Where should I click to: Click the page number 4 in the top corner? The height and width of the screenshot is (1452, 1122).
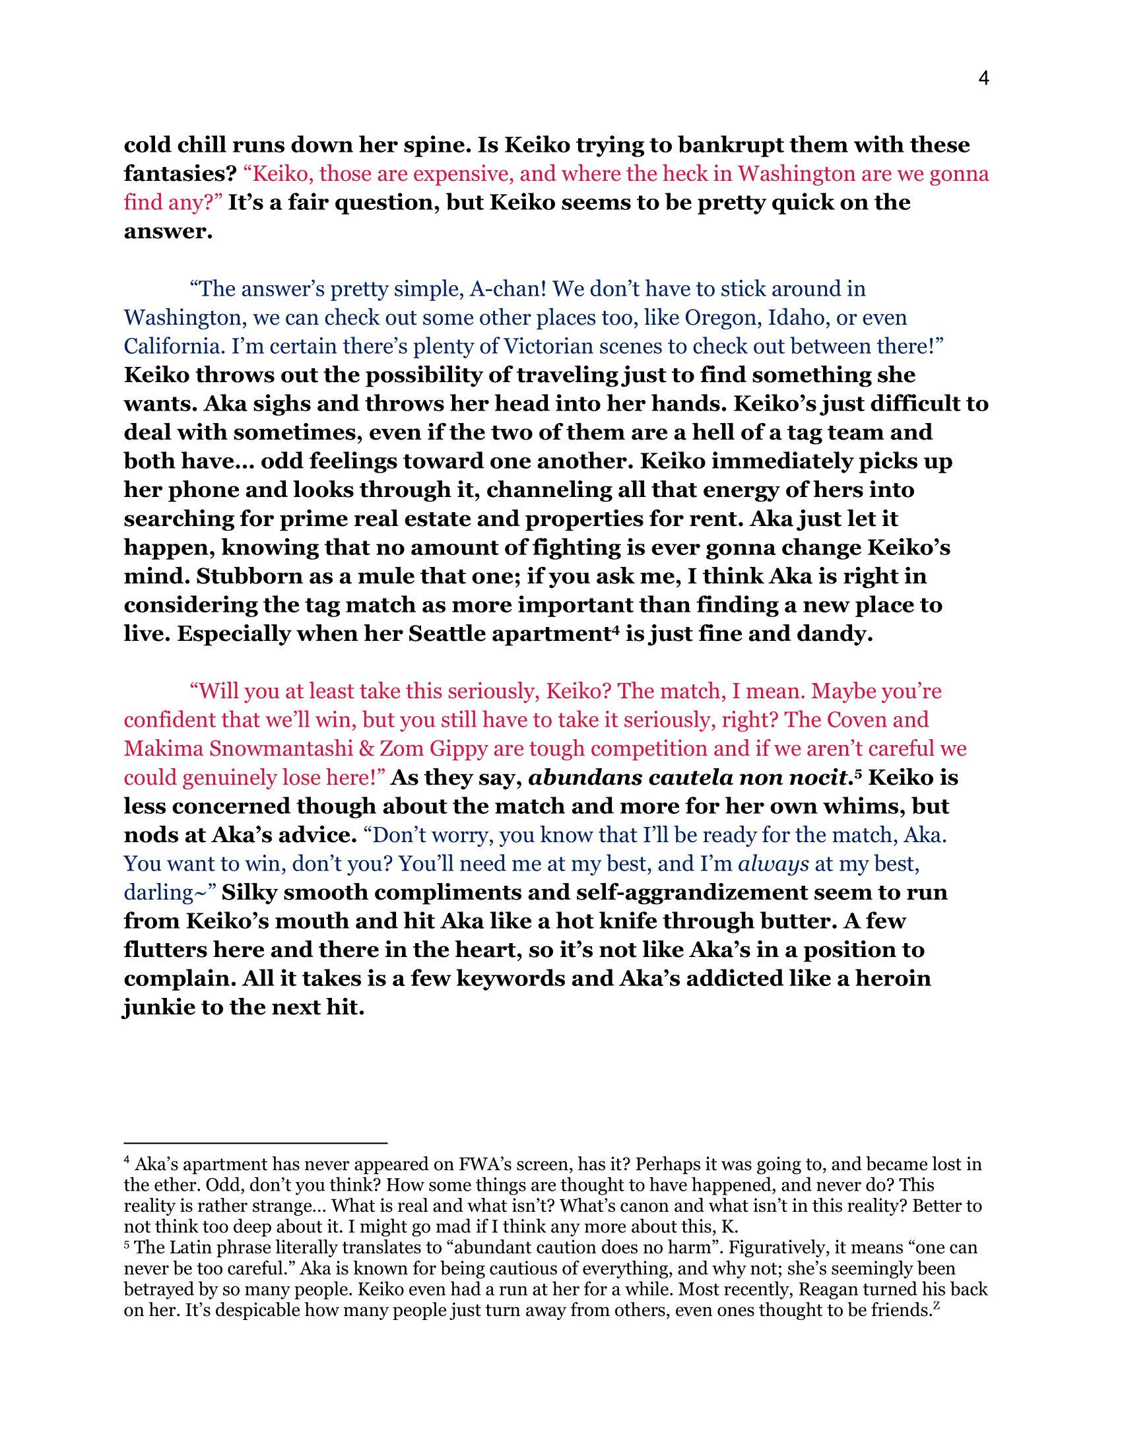(x=984, y=79)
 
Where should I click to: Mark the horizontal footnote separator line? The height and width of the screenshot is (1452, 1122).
(x=255, y=1142)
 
